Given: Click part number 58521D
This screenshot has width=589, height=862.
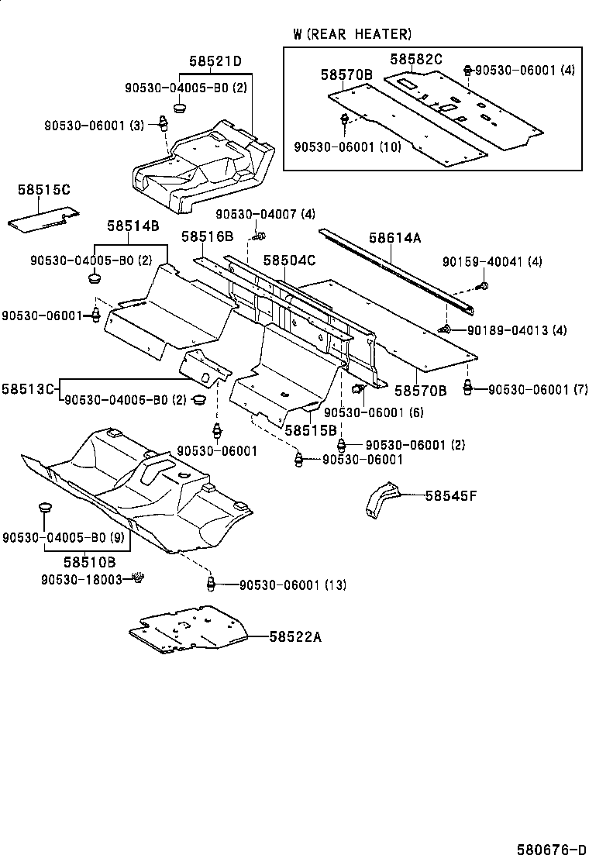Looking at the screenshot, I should tap(215, 61).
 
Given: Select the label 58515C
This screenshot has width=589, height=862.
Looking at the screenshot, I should tap(43, 190).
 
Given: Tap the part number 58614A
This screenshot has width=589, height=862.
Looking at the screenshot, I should tap(394, 238).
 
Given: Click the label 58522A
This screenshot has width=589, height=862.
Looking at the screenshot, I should tap(295, 636).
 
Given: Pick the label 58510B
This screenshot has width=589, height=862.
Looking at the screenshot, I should tap(90, 561).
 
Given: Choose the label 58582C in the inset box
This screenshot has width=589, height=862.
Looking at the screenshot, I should tap(415, 59).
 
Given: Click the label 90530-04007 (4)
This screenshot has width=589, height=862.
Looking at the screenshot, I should tap(265, 214).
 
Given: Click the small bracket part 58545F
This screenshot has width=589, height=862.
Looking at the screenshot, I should tap(381, 499).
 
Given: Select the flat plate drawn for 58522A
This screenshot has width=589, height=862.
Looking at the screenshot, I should tap(188, 628).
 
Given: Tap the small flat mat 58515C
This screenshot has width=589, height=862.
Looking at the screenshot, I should tap(44, 219).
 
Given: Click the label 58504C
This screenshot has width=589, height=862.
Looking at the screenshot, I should tap(289, 260).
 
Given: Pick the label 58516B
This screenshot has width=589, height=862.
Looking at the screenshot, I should tap(208, 236).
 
